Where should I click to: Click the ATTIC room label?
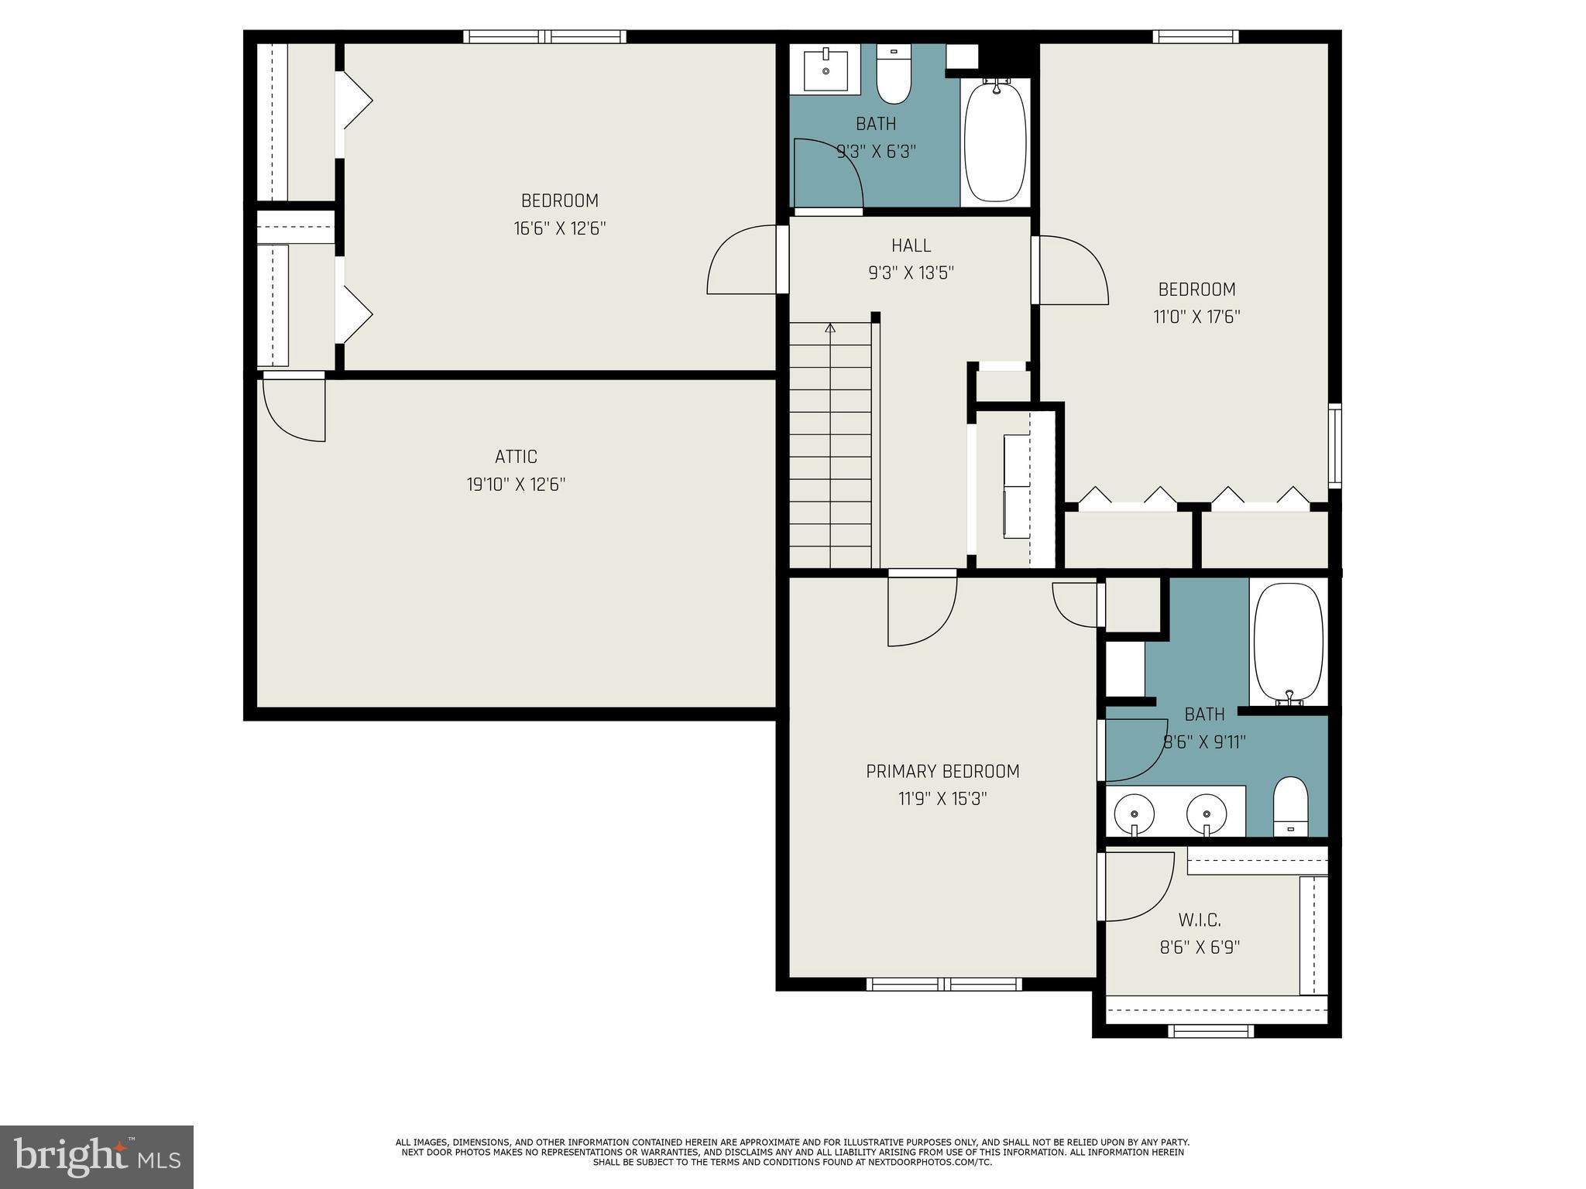pos(516,457)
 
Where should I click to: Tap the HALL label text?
pos(911,245)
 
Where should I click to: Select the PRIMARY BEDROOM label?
pos(942,771)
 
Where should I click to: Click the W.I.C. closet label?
pos(1200,920)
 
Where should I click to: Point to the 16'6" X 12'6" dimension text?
pos(560,228)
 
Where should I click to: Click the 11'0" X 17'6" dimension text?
pos(1197,317)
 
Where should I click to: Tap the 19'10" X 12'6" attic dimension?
pos(516,485)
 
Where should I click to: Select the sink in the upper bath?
pos(826,70)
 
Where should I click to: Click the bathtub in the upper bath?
pos(996,141)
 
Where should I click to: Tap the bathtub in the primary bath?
pos(1288,644)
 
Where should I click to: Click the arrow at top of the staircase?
pos(830,328)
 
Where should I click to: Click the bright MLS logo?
pos(97,1157)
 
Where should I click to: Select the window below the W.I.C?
pos(1210,1030)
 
